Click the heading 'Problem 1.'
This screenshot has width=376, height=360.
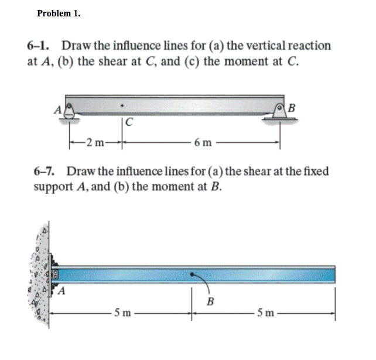58,13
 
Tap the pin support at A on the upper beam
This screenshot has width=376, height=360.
69,110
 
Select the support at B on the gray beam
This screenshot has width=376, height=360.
279,110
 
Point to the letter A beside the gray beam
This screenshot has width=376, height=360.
58,109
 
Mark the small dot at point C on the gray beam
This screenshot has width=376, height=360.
121,107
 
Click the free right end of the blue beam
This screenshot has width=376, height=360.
334,273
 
